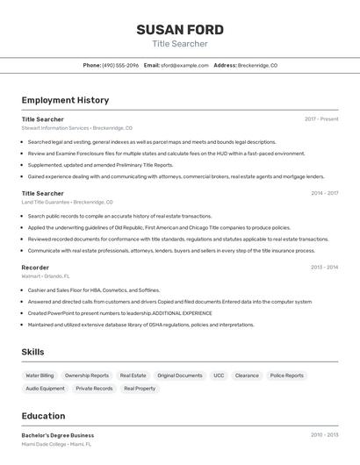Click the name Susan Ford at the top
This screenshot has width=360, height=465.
pyautogui.click(x=180, y=30)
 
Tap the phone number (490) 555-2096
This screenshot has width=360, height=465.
pyautogui.click(x=120, y=65)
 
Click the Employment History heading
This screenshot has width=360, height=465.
pyautogui.click(x=65, y=100)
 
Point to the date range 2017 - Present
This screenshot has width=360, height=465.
pyautogui.click(x=321, y=118)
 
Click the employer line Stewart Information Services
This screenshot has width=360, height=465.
pyautogui.click(x=76, y=128)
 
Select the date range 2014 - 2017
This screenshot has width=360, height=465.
pyautogui.click(x=324, y=193)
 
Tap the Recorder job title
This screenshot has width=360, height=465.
pyautogui.click(x=35, y=267)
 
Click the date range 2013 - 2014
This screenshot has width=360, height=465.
pyautogui.click(x=324, y=267)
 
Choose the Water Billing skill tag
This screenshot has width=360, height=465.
pyautogui.click(x=40, y=376)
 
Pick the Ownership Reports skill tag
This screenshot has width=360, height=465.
pyautogui.click(x=87, y=376)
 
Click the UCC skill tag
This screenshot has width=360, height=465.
pyautogui.click(x=219, y=376)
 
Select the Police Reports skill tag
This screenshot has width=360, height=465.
pyautogui.click(x=287, y=376)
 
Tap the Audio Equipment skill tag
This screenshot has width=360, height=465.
pyautogui.click(x=45, y=388)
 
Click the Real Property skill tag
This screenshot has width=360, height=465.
pyautogui.click(x=140, y=388)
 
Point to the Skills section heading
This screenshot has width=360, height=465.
pyautogui.click(x=32, y=352)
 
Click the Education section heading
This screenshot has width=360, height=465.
pyautogui.click(x=43, y=416)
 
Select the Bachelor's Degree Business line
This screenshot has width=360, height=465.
pyautogui.click(x=57, y=434)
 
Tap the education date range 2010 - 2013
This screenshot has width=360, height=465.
pyautogui.click(x=324, y=434)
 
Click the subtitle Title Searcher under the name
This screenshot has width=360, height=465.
pyautogui.click(x=180, y=44)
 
